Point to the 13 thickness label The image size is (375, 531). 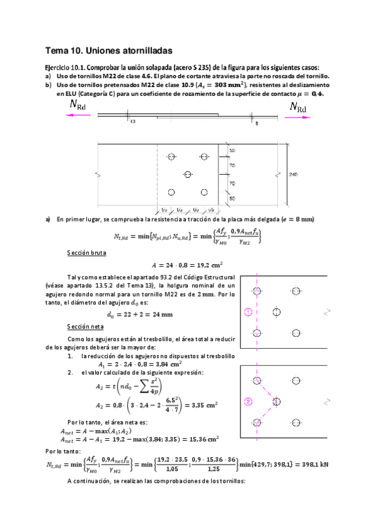coord(132,121)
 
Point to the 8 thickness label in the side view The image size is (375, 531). coord(257,123)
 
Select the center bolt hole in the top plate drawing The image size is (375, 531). coord(187,173)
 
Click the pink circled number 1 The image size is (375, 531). coord(249,312)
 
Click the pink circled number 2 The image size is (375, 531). coord(249,401)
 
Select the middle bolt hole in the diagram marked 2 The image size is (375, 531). coord(276,401)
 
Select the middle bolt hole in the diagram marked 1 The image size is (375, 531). coord(276,312)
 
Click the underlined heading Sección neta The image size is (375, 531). coord(83,327)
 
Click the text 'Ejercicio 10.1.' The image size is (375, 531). coord(64,67)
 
